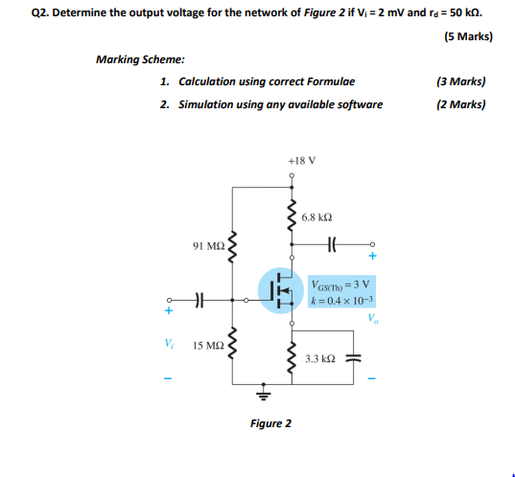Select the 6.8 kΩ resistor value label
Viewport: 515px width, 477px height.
tap(316, 218)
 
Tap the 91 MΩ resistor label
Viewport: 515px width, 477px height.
tap(208, 246)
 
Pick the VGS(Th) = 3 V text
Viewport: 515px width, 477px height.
tap(341, 284)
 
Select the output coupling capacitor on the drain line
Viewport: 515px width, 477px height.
tap(332, 243)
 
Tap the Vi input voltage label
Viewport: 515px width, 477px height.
tap(168, 344)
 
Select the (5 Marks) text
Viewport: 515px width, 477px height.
tap(468, 37)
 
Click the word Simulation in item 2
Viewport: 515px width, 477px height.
tap(209, 103)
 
